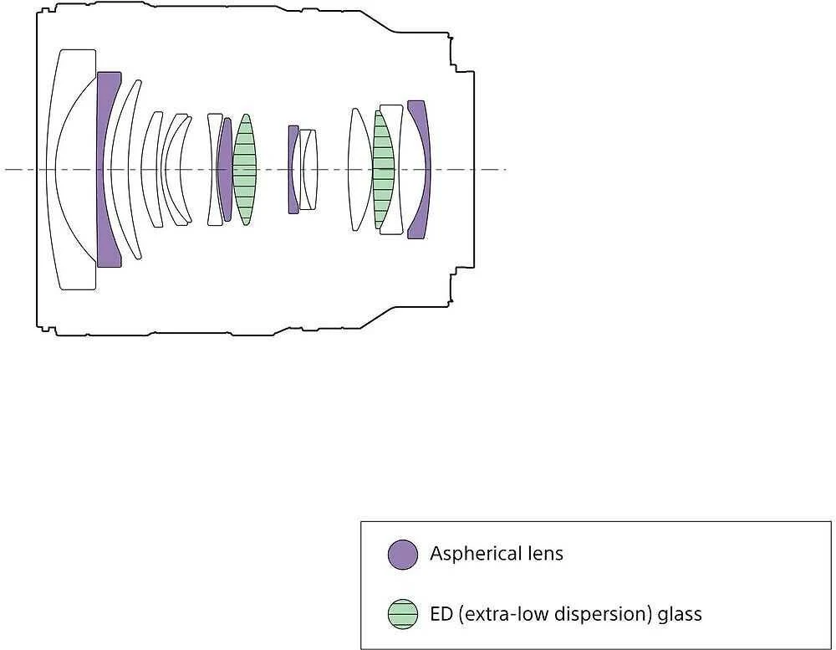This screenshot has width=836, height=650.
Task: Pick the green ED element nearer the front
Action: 245,170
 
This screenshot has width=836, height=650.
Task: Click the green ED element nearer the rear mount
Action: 383,170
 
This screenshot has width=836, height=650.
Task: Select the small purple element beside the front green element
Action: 226,170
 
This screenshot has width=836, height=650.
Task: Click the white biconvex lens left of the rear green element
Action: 359,170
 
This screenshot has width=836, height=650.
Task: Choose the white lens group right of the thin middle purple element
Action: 308,170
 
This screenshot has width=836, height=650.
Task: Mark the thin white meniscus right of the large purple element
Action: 126,170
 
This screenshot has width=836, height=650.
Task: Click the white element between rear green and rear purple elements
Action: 396,170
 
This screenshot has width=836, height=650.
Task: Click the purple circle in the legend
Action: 403,555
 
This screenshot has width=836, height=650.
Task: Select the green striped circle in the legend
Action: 403,614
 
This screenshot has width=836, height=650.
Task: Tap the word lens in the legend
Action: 545,554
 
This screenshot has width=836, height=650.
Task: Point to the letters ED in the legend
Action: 441,614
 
